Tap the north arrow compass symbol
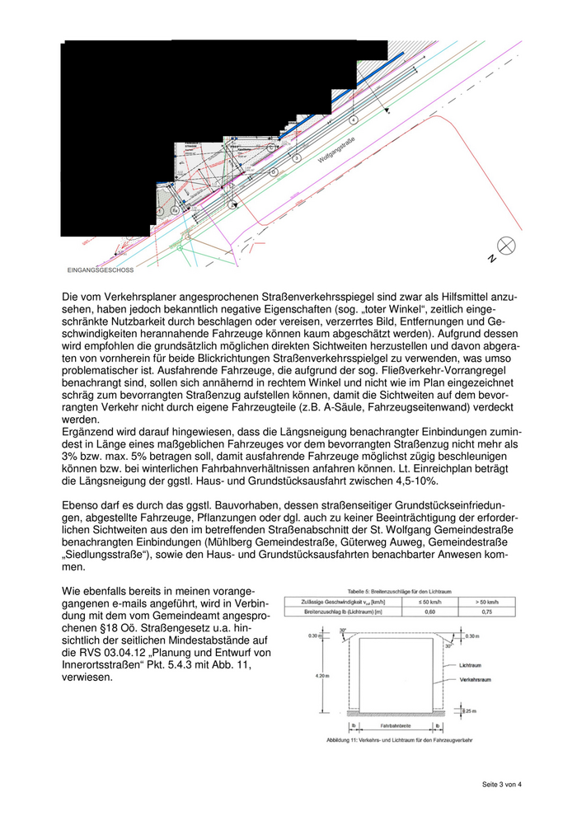(x=506, y=245)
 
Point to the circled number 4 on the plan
(x=354, y=120)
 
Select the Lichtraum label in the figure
(x=471, y=663)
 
